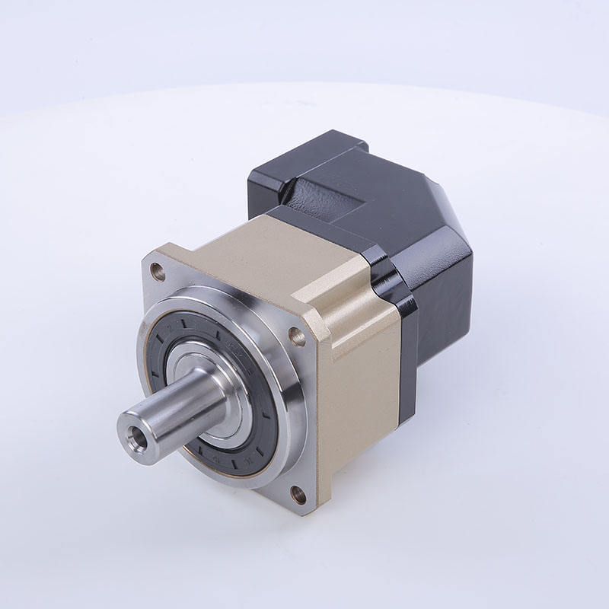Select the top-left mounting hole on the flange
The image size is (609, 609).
coord(158,269)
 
